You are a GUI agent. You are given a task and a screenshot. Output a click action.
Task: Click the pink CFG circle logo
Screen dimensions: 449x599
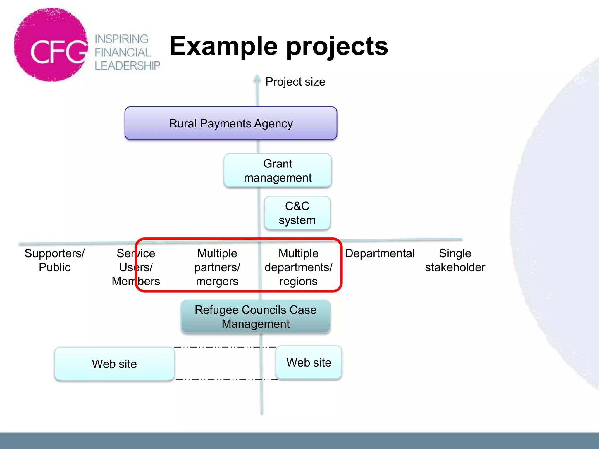coord(51,45)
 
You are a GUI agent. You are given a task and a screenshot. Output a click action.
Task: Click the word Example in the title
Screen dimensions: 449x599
coord(223,46)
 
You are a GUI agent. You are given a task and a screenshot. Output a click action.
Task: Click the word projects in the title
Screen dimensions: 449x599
coord(337,47)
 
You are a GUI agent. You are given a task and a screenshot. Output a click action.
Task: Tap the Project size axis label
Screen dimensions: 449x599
coord(295,82)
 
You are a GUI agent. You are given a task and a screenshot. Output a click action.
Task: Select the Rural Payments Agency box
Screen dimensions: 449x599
coord(231,123)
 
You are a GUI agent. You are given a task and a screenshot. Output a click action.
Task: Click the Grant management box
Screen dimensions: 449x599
coord(278,171)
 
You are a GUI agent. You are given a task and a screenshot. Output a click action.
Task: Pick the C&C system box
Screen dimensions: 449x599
coord(297,213)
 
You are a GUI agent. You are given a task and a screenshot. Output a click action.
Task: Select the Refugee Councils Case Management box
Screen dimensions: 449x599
coord(255,317)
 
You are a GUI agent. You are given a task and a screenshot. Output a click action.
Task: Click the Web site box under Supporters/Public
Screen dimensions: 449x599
coord(114,364)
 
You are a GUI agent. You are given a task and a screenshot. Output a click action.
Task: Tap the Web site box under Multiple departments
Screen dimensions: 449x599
coord(309,362)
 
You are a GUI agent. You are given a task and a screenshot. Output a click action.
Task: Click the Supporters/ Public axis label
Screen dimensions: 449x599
coord(55,260)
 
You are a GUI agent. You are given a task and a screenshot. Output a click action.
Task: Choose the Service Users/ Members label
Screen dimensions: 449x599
coord(136,267)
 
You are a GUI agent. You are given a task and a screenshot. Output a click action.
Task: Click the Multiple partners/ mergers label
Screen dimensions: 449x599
coord(217,267)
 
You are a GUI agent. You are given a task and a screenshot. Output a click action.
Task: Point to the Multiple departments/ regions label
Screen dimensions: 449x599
coord(298,267)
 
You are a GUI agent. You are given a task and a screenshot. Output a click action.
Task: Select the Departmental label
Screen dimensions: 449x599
coord(380,253)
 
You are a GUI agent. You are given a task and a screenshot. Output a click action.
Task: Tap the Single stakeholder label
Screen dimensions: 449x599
coord(455,260)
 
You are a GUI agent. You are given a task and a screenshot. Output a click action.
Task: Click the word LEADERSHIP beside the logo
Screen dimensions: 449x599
coord(127,66)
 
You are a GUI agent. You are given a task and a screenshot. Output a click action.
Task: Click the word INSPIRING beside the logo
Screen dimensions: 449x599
coord(121,39)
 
